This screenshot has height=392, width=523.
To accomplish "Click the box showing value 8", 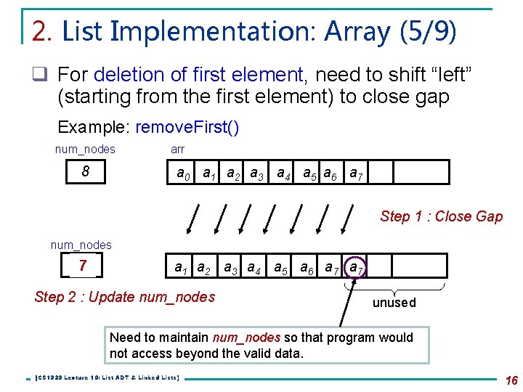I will pos(85,173).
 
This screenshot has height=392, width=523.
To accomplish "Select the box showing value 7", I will pos(84,266).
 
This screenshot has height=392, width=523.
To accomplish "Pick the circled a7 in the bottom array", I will pos(356,268).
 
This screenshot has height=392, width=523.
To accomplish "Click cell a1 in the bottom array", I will pos(181,266).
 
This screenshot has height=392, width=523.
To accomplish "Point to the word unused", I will pos(394,303).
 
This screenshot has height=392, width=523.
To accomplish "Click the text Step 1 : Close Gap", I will pos(441,216).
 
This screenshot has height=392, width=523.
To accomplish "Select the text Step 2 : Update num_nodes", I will pos(125,296).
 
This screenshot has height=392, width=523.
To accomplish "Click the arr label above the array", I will pos(177,149).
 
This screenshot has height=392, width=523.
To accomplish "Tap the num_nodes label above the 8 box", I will pos(85,149).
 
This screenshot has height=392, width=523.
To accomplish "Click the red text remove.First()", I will pos(187,127).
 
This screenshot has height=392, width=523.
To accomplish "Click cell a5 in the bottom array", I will pos(280,266).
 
